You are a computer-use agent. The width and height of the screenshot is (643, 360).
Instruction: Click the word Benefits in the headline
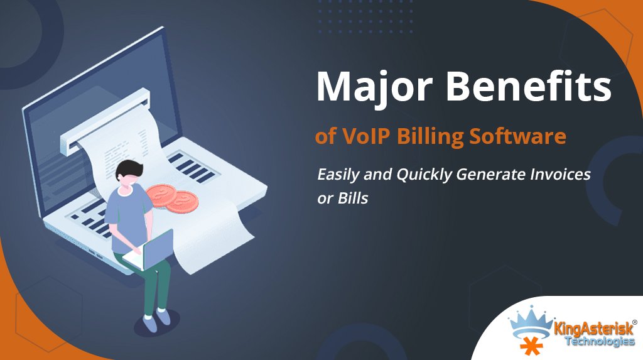click(x=529, y=86)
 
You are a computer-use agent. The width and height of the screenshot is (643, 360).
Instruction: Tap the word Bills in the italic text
click(x=353, y=199)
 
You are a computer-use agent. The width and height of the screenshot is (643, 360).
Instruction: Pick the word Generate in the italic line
click(x=491, y=175)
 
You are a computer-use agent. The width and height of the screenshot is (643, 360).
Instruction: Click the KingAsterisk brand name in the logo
click(x=594, y=329)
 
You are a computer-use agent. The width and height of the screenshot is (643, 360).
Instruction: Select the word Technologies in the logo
click(x=600, y=341)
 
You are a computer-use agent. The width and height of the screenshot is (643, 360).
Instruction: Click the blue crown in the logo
click(x=531, y=323)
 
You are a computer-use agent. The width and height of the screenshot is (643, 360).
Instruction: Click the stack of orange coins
click(x=173, y=197)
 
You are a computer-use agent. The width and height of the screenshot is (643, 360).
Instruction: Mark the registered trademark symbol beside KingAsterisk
click(x=635, y=323)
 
